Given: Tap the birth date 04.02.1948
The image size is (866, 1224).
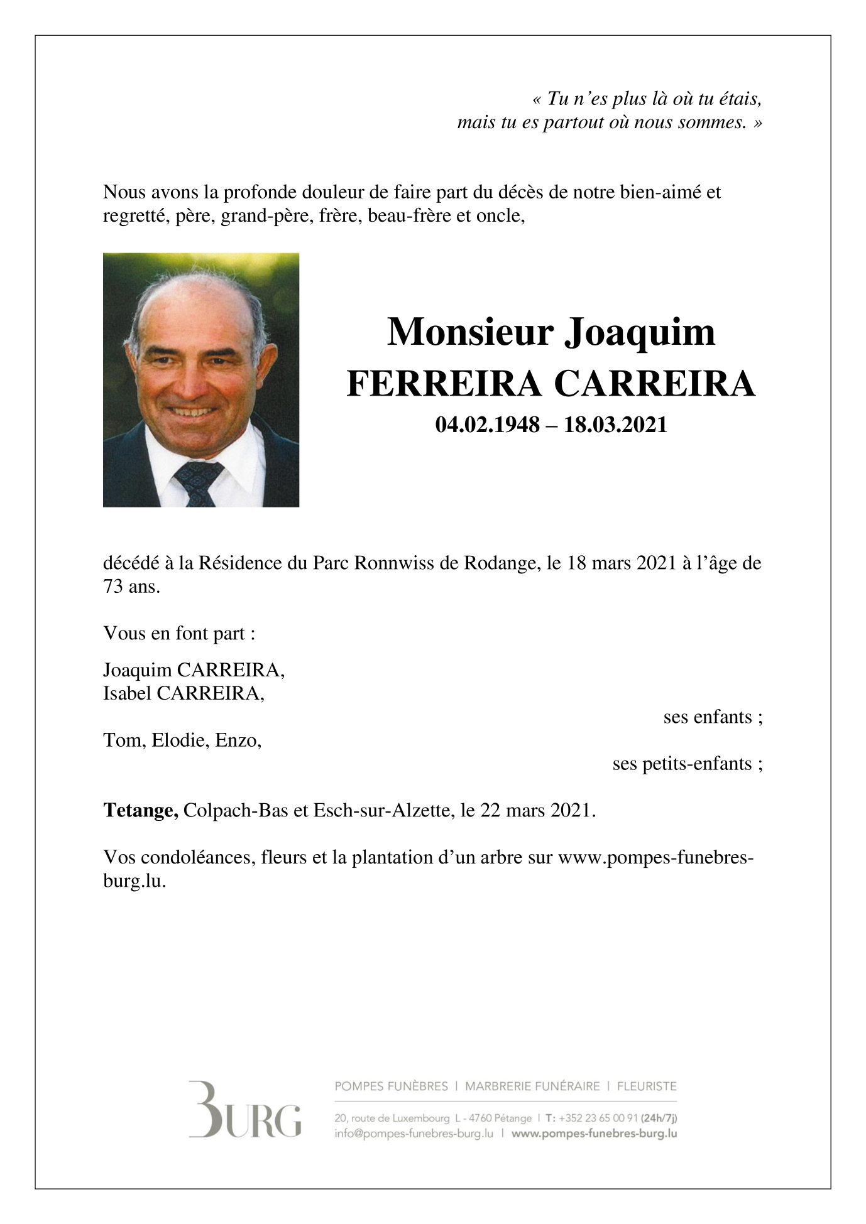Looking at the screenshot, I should coord(487,425).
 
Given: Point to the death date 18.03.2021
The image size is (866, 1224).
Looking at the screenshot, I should coord(615,425).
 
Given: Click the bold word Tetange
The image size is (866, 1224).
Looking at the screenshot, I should coord(141,810).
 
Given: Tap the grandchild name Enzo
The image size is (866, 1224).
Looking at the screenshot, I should coord(238,740).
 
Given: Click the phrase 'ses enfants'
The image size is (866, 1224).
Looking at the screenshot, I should coord(712,717).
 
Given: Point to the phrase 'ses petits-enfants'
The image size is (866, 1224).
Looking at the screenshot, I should coord(687,764).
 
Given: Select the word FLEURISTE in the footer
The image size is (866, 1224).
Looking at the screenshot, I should coord(647,1086).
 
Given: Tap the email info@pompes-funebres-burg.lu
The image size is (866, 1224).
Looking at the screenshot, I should coord(414,1134).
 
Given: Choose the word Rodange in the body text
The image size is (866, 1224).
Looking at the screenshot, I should coord(500,563).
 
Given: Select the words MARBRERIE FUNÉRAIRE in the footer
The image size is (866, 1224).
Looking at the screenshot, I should coord(532,1086).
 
